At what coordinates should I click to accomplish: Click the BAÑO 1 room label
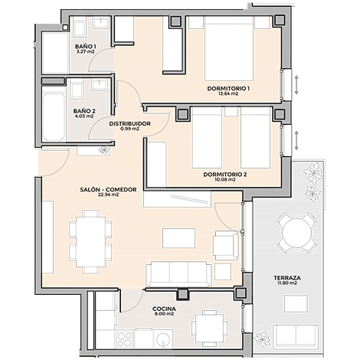click(x=85, y=47)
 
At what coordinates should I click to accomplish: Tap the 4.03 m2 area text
click(x=85, y=116)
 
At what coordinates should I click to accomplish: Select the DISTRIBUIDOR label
click(x=129, y=124)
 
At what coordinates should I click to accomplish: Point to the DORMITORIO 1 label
click(x=228, y=89)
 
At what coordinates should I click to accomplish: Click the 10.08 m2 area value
click(x=225, y=179)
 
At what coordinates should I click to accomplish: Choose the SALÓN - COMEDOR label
click(x=108, y=190)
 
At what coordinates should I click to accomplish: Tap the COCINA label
click(x=164, y=309)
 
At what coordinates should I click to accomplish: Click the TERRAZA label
click(x=287, y=278)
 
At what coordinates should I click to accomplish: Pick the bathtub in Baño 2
click(x=54, y=117)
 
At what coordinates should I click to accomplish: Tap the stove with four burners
click(x=125, y=339)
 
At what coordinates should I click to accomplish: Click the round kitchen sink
click(x=163, y=339)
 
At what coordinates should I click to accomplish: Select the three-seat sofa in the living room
click(x=178, y=274)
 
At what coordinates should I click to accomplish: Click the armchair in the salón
click(x=226, y=245)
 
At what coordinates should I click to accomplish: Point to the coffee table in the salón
click(x=178, y=238)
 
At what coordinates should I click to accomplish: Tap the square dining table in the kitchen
click(x=209, y=329)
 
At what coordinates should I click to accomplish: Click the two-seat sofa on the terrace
click(x=296, y=337)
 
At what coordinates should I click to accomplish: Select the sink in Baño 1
click(x=101, y=23)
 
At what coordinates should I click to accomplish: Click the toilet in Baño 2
click(x=77, y=90)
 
